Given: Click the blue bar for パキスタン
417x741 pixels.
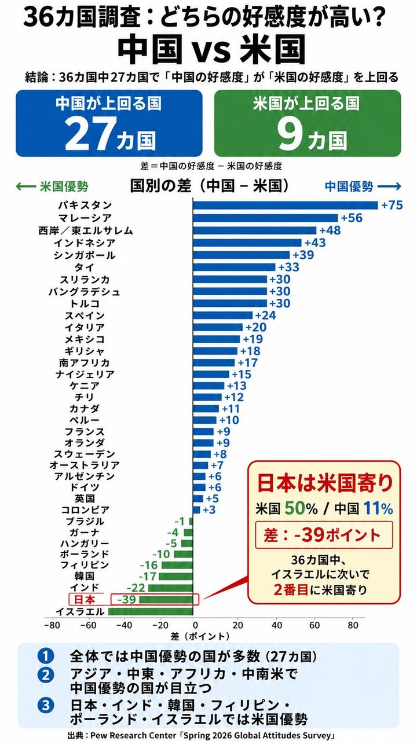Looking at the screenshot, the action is click(286, 205).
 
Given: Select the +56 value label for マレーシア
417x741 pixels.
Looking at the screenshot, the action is click(352, 218).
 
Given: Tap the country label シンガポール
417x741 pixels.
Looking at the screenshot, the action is click(85, 255).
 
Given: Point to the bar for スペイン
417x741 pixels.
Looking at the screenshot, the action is click(223, 315).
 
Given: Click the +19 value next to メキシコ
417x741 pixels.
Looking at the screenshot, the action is click(253, 339).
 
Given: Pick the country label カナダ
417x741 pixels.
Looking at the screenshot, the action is click(85, 409).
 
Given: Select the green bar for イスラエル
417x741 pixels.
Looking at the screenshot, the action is click(151, 611).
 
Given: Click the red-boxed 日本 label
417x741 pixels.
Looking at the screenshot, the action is click(85, 599).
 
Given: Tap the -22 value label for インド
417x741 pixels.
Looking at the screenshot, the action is click(136, 588).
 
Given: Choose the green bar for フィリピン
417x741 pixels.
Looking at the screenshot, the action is click(177, 565).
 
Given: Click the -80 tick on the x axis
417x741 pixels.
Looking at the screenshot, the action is click(52, 625).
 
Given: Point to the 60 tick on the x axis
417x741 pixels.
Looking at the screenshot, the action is click(314, 625).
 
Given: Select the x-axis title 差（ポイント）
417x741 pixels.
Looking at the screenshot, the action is click(200, 636).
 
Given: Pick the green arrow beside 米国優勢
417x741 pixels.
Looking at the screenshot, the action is click(26, 186).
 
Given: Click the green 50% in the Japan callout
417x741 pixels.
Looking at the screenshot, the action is click(301, 508).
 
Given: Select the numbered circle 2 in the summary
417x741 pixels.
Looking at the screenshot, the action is click(46, 676).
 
